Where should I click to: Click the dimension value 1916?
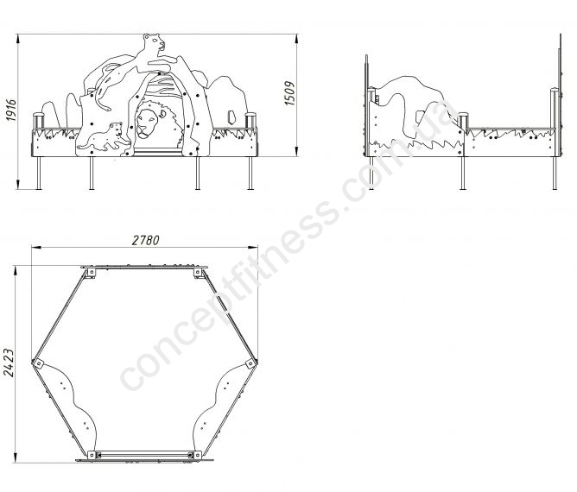pos(11,110)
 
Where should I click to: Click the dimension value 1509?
pos(290,93)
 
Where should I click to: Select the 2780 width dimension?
pos(146,240)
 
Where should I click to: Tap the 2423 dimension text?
pos(9,362)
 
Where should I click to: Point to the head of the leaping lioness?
pos(154,42)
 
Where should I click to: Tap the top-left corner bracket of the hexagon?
pos(90,274)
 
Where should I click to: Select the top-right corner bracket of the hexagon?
pos(199,274)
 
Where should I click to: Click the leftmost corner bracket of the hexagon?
pos(37,363)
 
